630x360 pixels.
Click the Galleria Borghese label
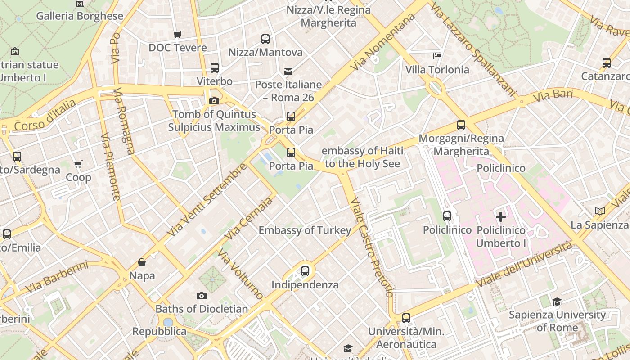(x=80, y=16)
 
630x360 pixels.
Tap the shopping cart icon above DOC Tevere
(x=178, y=35)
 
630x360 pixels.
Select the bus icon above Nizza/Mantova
(x=265, y=39)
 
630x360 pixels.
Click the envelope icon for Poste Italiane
(x=288, y=72)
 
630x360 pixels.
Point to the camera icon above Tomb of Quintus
(x=214, y=101)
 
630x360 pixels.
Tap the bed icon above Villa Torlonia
(x=437, y=56)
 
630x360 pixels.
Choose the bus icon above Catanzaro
(x=607, y=63)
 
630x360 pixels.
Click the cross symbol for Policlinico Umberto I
(x=501, y=217)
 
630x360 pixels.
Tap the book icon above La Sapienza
(x=599, y=211)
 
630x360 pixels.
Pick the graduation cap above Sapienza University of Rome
(x=557, y=301)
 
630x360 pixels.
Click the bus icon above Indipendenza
(x=305, y=271)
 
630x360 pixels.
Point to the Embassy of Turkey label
(x=305, y=230)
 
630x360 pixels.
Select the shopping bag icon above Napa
(x=142, y=262)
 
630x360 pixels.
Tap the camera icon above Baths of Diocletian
(x=202, y=296)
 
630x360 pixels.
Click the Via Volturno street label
(x=241, y=274)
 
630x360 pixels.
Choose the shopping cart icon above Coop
(x=78, y=164)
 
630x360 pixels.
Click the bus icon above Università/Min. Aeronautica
(x=406, y=318)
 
